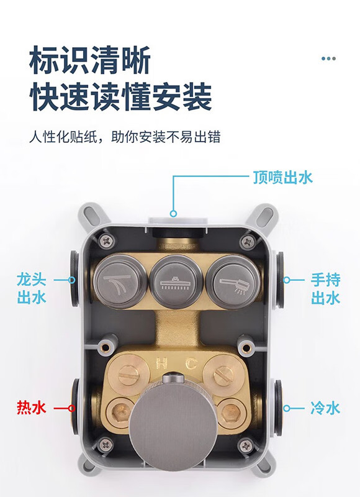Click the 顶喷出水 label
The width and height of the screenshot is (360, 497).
point(282,177)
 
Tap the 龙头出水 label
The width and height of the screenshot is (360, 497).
point(32,289)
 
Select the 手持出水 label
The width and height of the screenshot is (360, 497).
point(325,289)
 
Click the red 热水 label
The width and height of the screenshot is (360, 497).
point(32,408)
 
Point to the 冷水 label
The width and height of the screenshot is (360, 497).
point(325,408)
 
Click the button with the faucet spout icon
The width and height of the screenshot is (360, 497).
point(120,282)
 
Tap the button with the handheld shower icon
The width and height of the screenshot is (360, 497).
point(233,282)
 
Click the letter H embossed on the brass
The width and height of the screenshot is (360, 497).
point(161,363)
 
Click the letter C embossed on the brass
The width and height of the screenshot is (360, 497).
point(191,363)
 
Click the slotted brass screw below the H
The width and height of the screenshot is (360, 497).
point(128,375)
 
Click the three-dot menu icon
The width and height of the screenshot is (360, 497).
point(328,58)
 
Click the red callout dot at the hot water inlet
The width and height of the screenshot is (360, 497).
point(72,408)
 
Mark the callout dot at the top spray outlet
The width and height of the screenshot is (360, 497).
point(173,214)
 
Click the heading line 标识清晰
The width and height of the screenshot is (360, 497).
point(90,60)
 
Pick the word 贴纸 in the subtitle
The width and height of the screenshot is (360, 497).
point(84,137)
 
